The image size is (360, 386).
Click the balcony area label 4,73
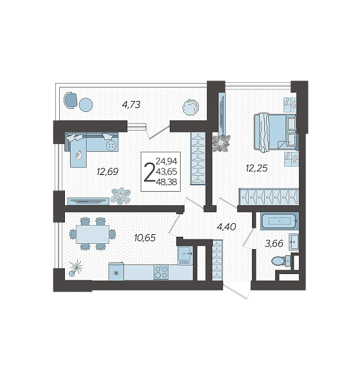131,105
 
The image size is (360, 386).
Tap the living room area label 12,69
107,171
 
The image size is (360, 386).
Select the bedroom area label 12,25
256,168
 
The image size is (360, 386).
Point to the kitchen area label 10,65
145,238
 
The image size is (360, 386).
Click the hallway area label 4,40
226,226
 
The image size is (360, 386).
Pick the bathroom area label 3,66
274,243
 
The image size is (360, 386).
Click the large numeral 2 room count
149,172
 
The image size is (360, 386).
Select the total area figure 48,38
166,182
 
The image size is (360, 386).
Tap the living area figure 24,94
166,161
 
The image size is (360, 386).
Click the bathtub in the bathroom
280,221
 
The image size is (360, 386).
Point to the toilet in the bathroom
281,261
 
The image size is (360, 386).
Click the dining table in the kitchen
93,234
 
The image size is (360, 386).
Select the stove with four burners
161,272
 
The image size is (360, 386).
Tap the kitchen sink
185,253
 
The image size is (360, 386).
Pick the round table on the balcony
86,105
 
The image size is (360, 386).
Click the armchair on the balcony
71,100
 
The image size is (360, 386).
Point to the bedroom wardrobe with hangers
269,196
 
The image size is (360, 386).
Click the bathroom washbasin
294,242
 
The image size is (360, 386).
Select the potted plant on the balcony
190,107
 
